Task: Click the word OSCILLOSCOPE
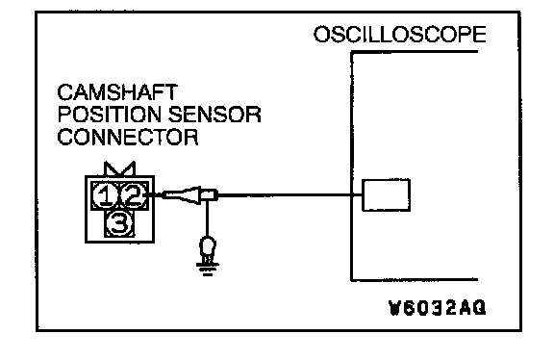tap(399, 35)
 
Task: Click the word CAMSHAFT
tap(117, 92)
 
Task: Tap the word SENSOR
tap(214, 115)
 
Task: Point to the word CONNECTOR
tap(128, 137)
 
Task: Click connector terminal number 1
tap(105, 195)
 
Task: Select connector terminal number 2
tap(134, 195)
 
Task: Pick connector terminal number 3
tap(119, 223)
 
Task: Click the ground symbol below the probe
tap(208, 269)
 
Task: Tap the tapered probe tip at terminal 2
tap(181, 194)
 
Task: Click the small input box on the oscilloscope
tap(387, 195)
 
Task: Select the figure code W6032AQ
tap(437, 308)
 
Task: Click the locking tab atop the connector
tap(120, 168)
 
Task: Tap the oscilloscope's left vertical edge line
tap(352, 167)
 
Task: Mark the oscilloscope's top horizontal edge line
tap(415, 52)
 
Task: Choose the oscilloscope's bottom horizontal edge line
tap(415, 280)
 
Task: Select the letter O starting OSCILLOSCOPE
tap(322, 35)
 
